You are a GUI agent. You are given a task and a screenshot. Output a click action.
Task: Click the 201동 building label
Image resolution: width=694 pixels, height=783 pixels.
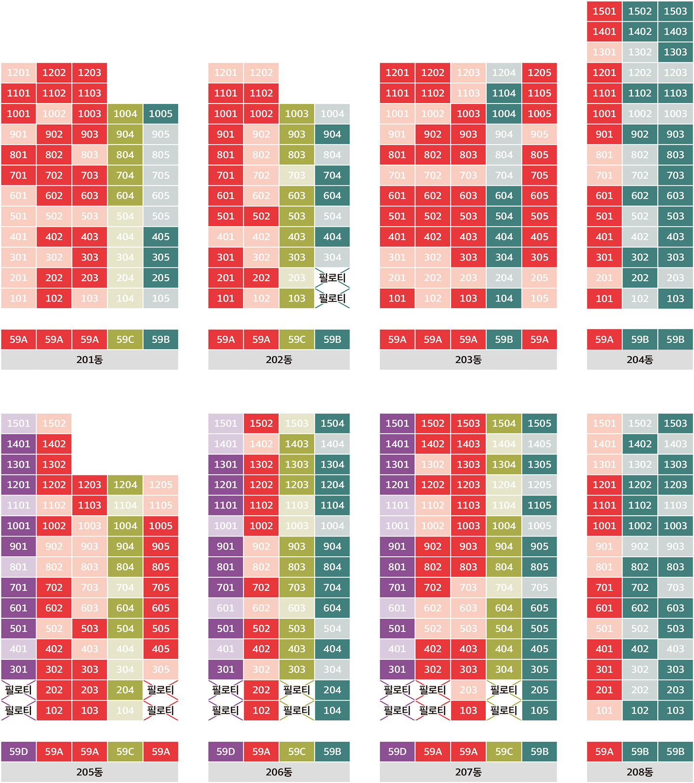point(90,360)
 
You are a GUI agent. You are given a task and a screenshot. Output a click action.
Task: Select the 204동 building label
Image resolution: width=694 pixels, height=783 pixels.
point(640,360)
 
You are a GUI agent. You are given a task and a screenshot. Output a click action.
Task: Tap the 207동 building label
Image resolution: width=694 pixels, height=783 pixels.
point(468,772)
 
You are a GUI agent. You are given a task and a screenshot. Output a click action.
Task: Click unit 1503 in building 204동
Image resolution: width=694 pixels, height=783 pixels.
point(675,11)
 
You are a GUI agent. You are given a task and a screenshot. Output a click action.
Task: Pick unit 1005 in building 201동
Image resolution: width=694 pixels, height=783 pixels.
point(160,114)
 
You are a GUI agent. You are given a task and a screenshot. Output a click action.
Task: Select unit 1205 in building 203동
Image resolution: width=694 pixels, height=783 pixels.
point(539,73)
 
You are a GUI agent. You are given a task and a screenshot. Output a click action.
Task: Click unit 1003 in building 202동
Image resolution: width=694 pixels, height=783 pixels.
point(296,114)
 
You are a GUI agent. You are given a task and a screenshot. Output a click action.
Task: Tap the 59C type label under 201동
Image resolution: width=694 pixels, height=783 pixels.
point(125,339)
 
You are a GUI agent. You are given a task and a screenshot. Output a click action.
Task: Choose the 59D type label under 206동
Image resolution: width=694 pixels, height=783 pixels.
point(226,752)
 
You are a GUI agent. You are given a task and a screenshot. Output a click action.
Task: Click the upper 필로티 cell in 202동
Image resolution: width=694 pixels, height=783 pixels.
point(332,278)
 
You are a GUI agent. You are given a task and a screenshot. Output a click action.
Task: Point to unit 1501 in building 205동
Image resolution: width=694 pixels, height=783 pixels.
point(18,423)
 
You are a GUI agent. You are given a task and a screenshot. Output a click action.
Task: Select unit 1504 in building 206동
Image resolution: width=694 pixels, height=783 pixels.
point(332,423)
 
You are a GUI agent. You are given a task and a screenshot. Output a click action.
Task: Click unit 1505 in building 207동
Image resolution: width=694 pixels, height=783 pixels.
point(539,423)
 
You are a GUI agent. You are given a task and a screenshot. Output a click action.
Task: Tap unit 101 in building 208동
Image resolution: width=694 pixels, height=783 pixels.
point(604,710)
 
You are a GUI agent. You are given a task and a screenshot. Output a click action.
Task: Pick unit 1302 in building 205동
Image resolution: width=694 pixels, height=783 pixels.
point(54,464)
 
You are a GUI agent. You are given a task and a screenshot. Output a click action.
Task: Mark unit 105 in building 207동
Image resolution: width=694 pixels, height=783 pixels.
point(539,710)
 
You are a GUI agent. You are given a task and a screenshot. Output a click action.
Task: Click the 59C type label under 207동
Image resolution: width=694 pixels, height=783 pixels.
point(504,752)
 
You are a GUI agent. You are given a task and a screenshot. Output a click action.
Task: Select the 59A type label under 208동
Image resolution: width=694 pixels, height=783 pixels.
point(604,752)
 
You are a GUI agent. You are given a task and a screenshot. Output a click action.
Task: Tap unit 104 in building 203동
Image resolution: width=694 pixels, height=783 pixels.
point(504,299)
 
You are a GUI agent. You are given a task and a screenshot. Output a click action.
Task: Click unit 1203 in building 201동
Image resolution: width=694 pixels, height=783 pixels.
point(90,73)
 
